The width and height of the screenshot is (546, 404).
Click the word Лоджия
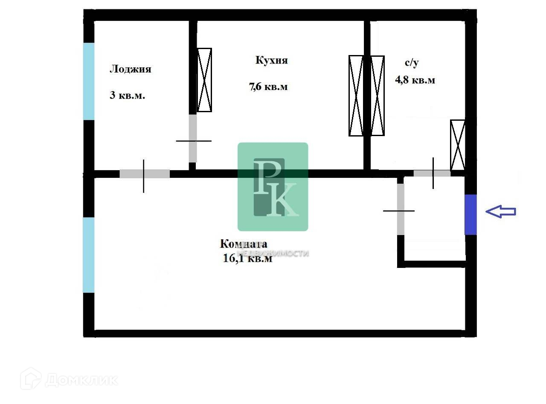pyautogui.click(x=131, y=69)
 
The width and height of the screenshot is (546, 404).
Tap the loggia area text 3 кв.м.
pyautogui.click(x=128, y=95)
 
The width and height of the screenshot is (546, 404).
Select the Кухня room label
pyautogui.click(x=272, y=60)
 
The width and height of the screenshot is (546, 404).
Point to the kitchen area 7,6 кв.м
pyautogui.click(x=268, y=87)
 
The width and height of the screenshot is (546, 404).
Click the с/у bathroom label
pyautogui.click(x=412, y=63)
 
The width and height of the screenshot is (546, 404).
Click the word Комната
pyautogui.click(x=244, y=244)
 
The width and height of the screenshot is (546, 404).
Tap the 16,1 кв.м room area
pyautogui.click(x=247, y=259)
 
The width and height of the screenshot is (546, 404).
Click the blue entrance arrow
pyautogui.click(x=501, y=211)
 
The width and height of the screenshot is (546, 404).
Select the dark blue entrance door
pyautogui.click(x=470, y=215)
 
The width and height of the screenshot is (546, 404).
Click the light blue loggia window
pyautogui.click(x=89, y=81)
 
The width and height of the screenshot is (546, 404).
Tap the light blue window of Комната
pyautogui.click(x=89, y=255)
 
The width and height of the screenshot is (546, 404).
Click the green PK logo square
pyautogui.click(x=273, y=186)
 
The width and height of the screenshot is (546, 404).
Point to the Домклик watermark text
pyautogui.click(x=81, y=380)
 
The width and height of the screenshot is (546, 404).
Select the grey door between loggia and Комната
pyautogui.click(x=145, y=174)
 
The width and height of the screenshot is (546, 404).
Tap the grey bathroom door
pyautogui.click(x=432, y=173)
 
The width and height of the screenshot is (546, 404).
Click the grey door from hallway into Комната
pyautogui.click(x=401, y=209)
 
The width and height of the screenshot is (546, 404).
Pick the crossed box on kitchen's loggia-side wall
pyautogui.click(x=204, y=80)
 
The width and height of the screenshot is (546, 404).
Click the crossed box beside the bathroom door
pyautogui.click(x=458, y=145)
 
